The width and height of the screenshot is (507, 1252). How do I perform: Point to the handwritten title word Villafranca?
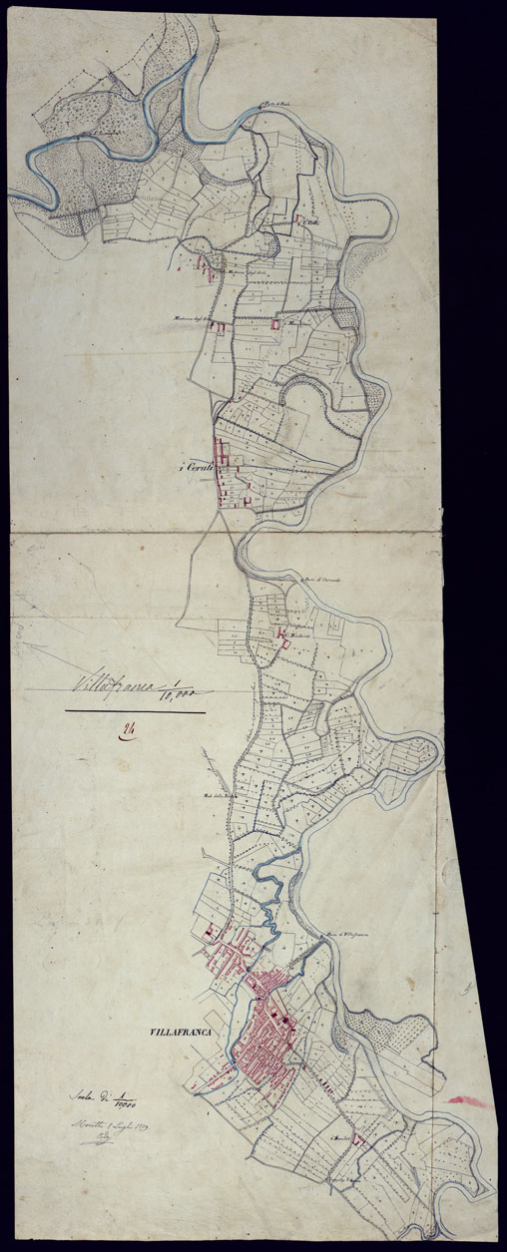click(109, 686)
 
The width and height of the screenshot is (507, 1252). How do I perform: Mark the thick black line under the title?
click(136, 712)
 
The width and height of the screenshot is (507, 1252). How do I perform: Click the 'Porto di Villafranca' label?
click(337, 935)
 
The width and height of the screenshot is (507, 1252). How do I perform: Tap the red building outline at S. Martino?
click(276, 325)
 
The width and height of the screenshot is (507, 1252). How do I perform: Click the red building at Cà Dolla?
click(299, 219)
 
